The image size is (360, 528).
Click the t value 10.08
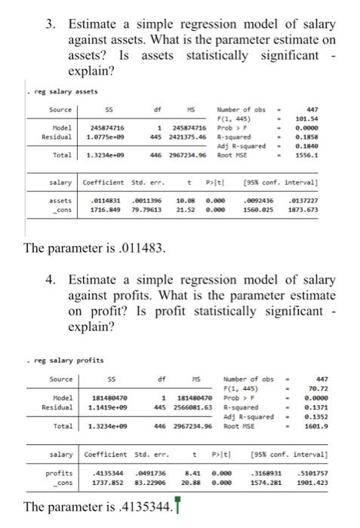click(x=183, y=201)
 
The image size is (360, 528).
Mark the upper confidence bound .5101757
click(x=327, y=473)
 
